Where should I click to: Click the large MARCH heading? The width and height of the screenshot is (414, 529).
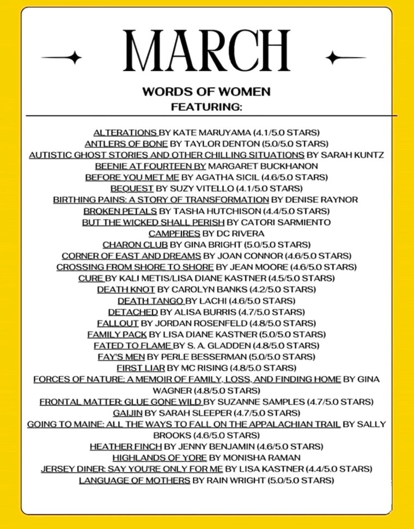tap(206, 52)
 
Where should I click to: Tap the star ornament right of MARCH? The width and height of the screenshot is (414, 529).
tap(333, 57)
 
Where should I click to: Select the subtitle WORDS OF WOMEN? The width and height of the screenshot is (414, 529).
tap(206, 92)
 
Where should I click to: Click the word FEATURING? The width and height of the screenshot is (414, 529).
tap(206, 107)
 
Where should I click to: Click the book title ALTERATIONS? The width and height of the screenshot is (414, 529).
tap(125, 133)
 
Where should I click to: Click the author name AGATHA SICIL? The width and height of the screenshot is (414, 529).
tap(227, 177)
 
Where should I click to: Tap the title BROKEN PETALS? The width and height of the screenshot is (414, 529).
tap(120, 211)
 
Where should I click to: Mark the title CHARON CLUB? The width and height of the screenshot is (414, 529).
tap(135, 244)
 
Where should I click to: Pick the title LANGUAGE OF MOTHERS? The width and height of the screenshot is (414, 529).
tap(135, 480)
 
